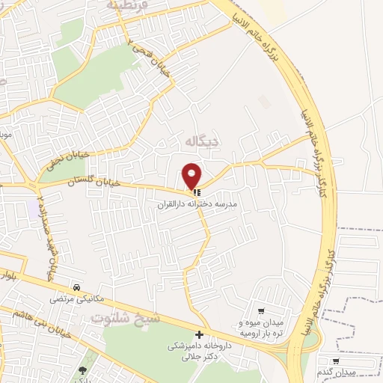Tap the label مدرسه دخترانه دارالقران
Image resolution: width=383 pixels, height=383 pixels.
[197, 203]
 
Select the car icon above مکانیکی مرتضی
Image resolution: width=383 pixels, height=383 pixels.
[77, 287]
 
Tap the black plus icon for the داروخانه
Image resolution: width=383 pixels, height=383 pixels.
[199, 335]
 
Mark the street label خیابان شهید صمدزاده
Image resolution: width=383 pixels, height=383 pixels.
[46, 232]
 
